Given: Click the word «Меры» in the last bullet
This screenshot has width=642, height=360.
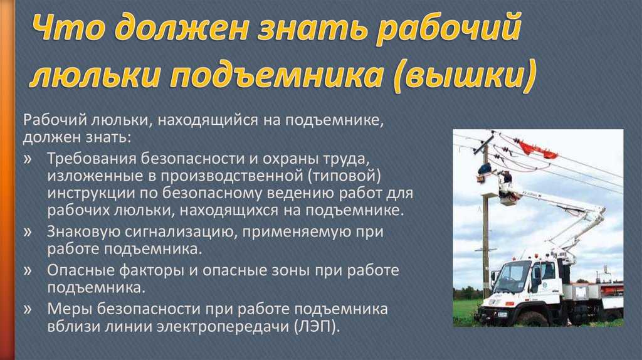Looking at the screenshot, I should [66, 310].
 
